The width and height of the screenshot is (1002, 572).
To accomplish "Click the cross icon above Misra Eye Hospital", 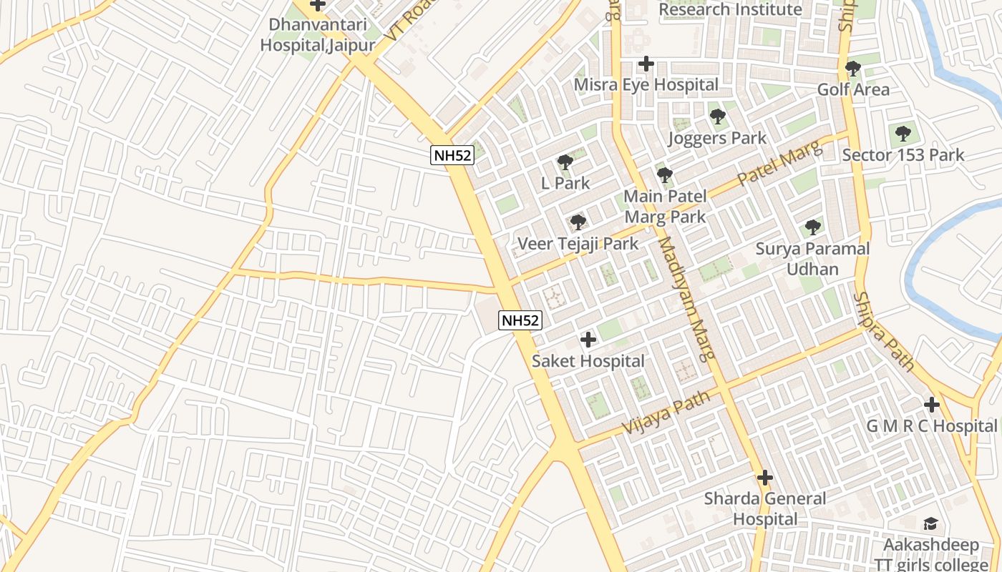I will pos(646,64).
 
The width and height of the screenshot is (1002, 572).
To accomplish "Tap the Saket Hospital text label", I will pos(588,361).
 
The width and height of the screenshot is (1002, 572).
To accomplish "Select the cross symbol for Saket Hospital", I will pos(588,339).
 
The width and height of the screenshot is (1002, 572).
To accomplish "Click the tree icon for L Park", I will pos(565,162).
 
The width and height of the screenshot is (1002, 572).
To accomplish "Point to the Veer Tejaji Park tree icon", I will pos(578,222).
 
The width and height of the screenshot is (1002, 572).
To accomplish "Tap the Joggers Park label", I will pos(717,138).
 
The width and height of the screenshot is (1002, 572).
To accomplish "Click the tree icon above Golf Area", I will pos(852,69).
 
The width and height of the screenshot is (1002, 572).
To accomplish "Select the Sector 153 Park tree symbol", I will pos(903,133).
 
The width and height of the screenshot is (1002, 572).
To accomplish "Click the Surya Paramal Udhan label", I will pos(812,259).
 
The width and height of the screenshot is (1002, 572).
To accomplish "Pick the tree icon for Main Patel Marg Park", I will pos(665,174).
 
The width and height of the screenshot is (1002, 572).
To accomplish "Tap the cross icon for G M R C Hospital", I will pos(931,405).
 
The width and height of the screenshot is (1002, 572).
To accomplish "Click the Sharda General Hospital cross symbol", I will pos(765,477).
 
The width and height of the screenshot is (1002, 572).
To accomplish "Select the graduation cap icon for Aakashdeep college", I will pos(930,524).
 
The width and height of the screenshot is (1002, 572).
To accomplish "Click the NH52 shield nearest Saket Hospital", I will pos(520,320).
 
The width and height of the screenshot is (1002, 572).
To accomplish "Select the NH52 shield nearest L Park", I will pos(452,155).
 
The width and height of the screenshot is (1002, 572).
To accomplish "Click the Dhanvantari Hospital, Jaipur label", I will pos(317,35).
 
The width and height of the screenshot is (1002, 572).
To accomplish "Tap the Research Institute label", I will pos(730,9).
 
